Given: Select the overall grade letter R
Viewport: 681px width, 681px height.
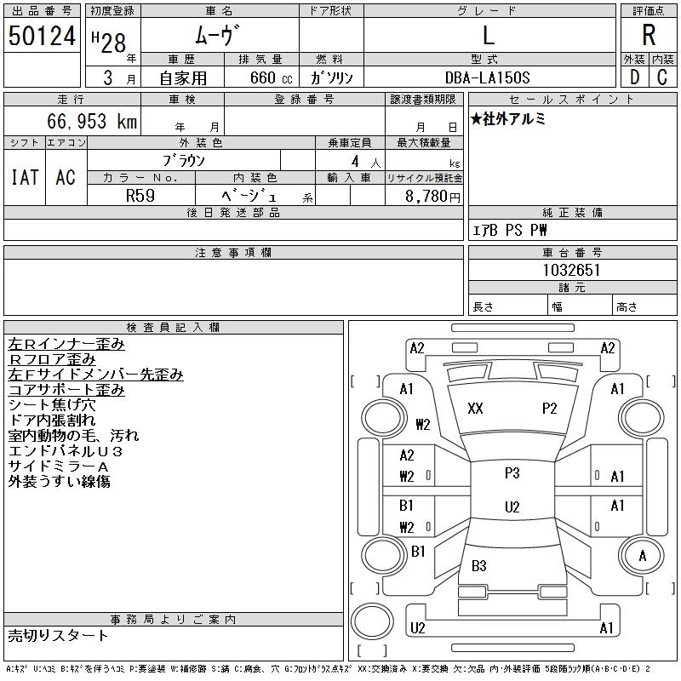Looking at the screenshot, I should (649, 36).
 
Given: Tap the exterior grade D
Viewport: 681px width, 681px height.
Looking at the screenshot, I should (634, 77).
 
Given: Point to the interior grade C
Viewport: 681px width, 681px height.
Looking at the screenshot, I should (662, 77).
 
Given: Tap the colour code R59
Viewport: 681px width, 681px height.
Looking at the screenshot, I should (140, 195).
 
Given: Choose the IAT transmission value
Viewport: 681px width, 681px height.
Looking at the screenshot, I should (25, 177).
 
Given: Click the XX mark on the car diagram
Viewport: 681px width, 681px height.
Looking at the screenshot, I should (475, 409).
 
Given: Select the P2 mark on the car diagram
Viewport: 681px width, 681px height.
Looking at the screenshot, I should (549, 409).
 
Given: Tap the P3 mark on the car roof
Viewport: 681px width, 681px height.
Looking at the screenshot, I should (512, 473).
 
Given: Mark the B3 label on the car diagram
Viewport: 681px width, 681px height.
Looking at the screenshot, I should (478, 566).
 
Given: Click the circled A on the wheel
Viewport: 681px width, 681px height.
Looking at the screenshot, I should (642, 556).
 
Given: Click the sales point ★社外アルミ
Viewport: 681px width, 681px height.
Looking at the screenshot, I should (508, 119).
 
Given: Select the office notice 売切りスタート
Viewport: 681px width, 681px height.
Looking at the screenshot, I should (58, 635).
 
